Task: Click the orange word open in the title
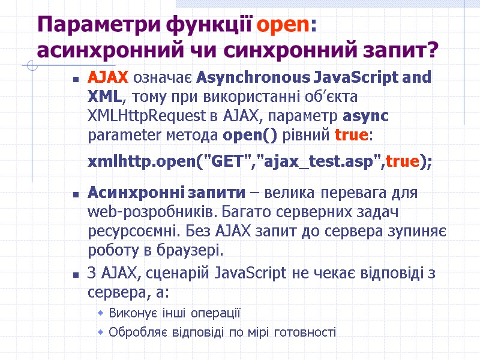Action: pyautogui.click(x=282, y=25)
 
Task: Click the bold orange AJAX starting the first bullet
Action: pyautogui.click(x=108, y=78)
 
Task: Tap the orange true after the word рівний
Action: pyautogui.click(x=350, y=135)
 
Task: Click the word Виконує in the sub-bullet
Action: pyautogui.click(x=130, y=313)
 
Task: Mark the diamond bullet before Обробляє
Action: pyautogui.click(x=101, y=332)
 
